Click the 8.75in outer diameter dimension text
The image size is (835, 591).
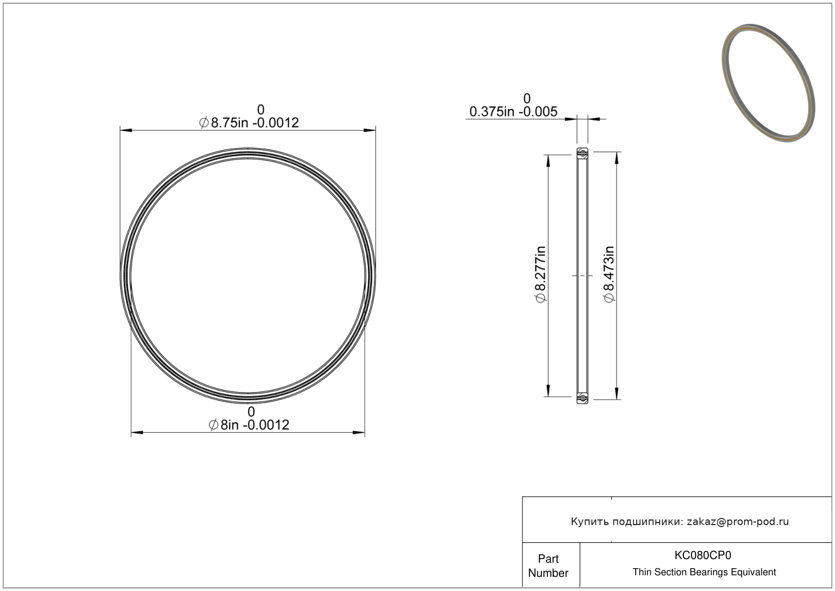click(249, 123)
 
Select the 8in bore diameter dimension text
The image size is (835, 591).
click(249, 425)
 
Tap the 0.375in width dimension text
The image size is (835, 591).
click(513, 112)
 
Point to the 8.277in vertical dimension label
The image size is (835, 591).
click(540, 274)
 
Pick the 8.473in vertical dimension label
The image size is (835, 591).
click(609, 274)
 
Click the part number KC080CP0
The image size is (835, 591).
click(703, 555)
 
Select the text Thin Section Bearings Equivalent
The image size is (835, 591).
click(704, 572)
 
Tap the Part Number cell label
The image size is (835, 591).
click(548, 566)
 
